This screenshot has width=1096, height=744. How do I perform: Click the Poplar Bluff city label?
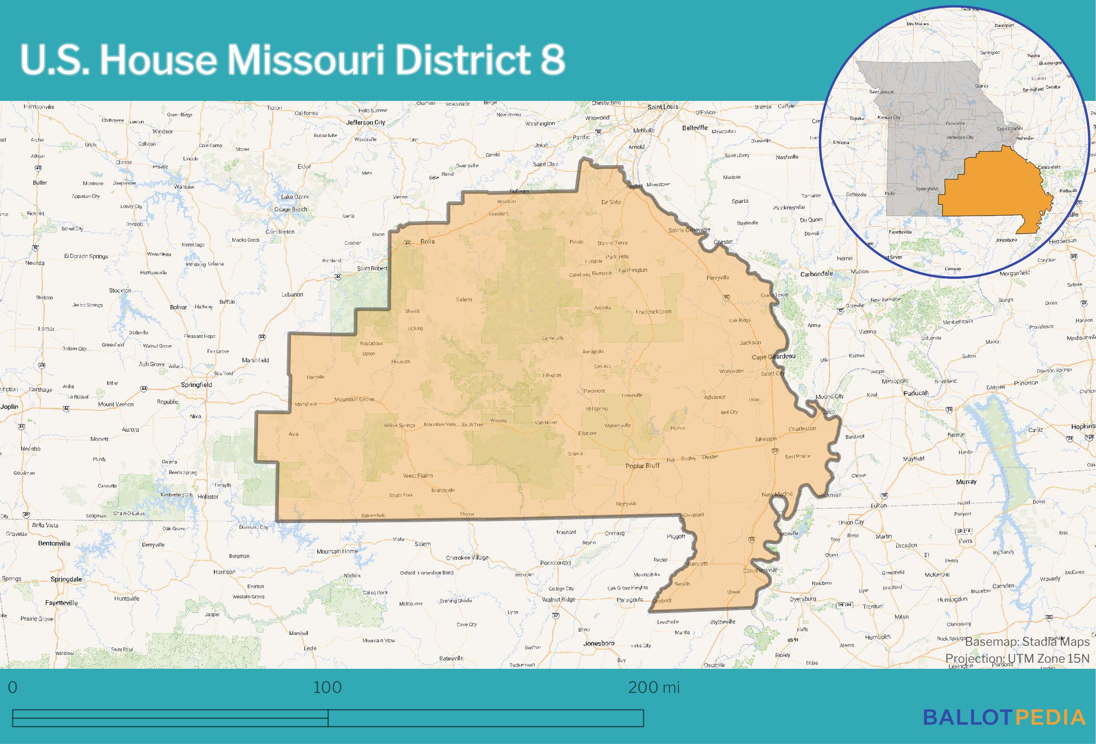click(642, 466)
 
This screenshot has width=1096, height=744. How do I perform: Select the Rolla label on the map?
click(427, 241)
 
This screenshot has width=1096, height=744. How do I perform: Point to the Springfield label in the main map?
click(196, 385)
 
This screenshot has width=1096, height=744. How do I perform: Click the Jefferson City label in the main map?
click(366, 122)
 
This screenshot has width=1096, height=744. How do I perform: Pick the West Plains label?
click(418, 476)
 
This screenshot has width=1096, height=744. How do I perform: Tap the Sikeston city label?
click(766, 439)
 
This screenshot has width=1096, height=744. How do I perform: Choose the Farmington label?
click(633, 270)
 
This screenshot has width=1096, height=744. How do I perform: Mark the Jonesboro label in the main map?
click(599, 643)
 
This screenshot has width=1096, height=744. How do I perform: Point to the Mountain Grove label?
click(354, 399)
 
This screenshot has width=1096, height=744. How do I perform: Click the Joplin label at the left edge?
click(9, 407)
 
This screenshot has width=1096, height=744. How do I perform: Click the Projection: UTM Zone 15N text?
click(1017, 659)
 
